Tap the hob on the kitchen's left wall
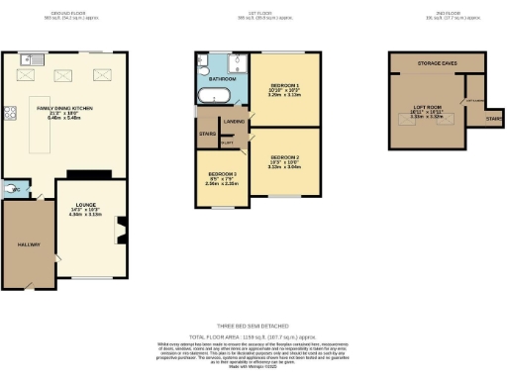(8, 112)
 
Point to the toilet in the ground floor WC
(11, 185)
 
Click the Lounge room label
(83, 208)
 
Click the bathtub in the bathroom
(215, 96)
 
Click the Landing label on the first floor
(235, 122)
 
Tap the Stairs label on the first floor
(208, 134)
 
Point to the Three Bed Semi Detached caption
(253, 326)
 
